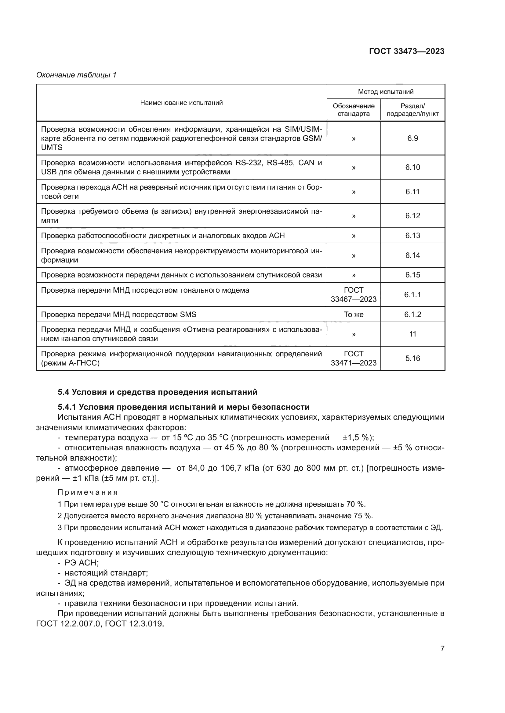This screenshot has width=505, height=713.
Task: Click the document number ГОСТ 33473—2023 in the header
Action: (406, 51)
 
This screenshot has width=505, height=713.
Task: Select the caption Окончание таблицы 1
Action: (76, 75)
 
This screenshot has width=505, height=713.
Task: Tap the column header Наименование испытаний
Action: (181, 102)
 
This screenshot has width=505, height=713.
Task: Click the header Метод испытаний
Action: (386, 92)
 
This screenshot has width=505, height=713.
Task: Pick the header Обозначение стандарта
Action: (354, 110)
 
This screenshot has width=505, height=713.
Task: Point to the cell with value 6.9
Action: (413, 138)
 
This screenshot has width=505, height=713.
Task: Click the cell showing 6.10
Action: (413, 167)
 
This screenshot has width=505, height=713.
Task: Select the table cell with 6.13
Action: (413, 235)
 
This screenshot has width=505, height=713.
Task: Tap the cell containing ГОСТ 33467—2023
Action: (354, 294)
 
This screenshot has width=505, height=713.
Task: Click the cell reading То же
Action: (354, 314)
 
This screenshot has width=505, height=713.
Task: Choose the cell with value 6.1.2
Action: (413, 314)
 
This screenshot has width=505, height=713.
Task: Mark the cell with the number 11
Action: (413, 334)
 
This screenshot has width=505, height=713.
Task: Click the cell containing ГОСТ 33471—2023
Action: (354, 358)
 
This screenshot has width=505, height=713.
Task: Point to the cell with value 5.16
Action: (413, 358)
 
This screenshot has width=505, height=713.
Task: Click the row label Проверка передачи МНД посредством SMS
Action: (118, 314)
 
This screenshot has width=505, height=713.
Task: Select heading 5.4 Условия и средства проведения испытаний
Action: (157, 392)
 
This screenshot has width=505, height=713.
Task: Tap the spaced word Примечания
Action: (88, 492)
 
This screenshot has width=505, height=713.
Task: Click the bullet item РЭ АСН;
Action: (82, 563)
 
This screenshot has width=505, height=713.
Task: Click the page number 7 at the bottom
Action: (442, 654)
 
